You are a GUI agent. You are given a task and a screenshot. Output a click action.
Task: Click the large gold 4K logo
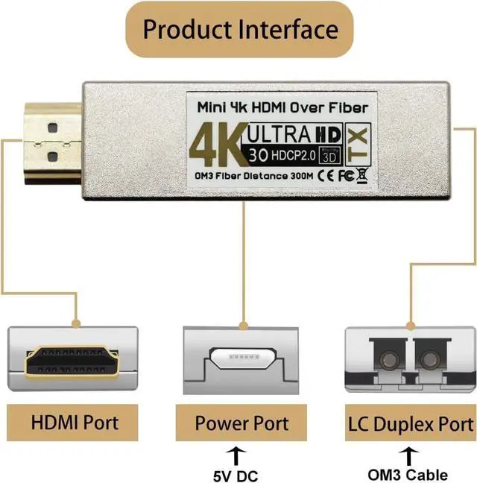217,145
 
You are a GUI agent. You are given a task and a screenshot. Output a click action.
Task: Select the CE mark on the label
325,177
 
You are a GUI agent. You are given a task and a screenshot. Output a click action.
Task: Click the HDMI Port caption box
74,422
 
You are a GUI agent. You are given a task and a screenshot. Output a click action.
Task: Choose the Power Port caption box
241,423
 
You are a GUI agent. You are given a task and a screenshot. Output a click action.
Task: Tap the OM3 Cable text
408,473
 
